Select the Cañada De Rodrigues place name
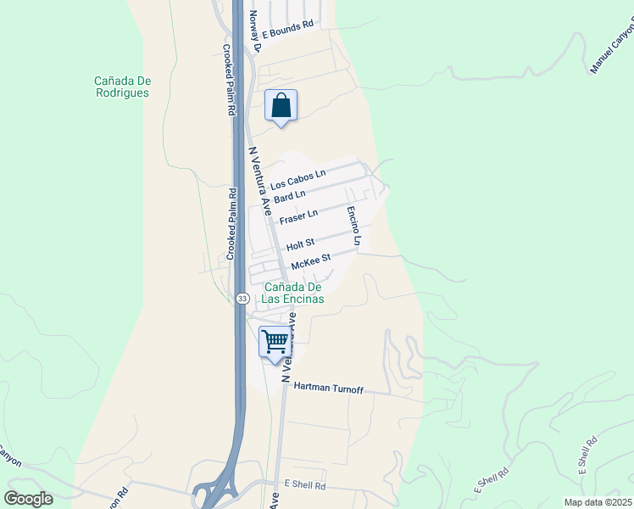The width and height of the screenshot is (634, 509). point(123,87)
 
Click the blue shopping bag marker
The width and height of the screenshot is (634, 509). point(281,106)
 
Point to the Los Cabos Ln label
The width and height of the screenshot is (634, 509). point(298,180)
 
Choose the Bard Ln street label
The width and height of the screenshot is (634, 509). point(289,196)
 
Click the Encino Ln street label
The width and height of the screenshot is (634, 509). point(354,226)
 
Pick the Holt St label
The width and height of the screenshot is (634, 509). point(300,245)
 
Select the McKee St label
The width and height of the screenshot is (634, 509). point(309,262)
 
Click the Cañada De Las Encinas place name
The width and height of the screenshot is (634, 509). point(293,293)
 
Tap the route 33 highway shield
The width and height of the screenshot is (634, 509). point(242,299)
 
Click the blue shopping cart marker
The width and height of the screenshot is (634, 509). point(275,342)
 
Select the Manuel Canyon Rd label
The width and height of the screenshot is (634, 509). point(610,49)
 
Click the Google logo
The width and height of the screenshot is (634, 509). point(29,499)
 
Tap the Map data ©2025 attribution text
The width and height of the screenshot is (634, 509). point(598,502)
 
